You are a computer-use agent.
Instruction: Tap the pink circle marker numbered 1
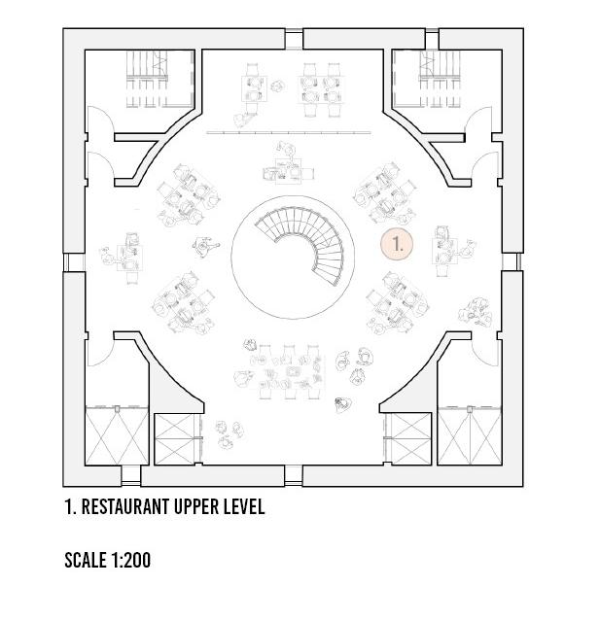point(398,243)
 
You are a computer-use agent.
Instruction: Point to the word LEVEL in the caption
point(245,507)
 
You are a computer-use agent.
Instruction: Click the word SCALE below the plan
point(86,560)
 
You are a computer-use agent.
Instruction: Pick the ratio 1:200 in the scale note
point(131,560)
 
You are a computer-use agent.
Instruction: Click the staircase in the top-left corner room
point(153,77)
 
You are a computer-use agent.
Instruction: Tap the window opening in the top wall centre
point(296,38)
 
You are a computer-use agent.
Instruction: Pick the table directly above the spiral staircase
point(289,168)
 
